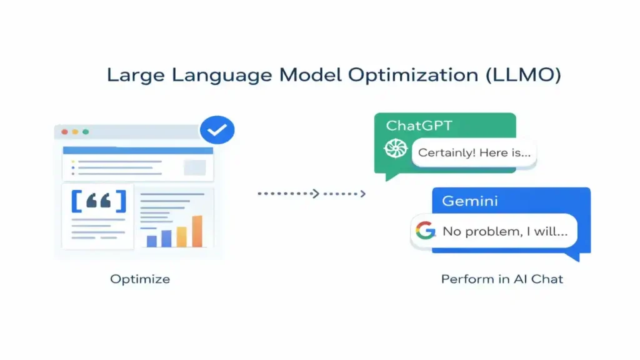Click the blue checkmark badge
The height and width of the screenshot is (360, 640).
click(217, 131)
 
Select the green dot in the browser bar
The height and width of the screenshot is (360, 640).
click(86, 132)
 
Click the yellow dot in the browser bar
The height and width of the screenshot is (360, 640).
click(74, 132)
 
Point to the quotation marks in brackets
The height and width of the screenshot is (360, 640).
click(99, 201)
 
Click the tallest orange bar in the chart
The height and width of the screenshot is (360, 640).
click(197, 231)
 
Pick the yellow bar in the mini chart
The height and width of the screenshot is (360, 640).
click(181, 237)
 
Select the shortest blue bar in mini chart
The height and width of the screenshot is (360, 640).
click(151, 241)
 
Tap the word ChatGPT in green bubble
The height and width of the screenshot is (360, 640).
click(419, 126)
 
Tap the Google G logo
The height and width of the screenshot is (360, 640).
click(425, 231)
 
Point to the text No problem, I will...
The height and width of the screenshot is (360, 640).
click(505, 231)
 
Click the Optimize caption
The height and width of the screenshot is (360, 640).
click(140, 279)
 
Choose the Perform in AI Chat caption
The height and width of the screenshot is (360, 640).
click(502, 279)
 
